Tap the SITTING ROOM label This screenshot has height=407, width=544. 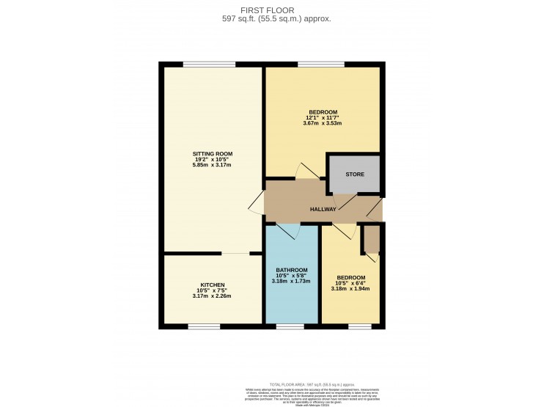212,153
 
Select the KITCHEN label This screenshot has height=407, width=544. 212,285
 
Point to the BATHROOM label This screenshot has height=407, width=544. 291,270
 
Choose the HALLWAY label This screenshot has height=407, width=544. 323,209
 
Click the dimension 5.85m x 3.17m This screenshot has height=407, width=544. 212,165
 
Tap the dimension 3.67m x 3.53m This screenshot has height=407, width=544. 323,122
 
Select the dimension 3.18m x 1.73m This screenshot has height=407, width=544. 291,281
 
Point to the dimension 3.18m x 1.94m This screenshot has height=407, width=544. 351,288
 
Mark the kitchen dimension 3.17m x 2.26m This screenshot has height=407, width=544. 212,296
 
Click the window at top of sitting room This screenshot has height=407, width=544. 204,65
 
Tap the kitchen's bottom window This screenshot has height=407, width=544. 204,326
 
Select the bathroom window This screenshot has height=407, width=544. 290,326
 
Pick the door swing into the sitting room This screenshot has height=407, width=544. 257,205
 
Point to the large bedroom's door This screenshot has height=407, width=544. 306,171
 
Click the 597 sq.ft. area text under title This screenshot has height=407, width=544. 276,19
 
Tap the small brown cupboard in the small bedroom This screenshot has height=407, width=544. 372,239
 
